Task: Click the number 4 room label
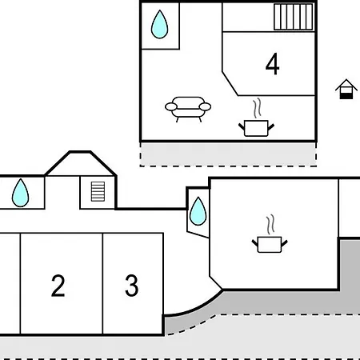click(x=272, y=64)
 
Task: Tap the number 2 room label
click(x=58, y=286)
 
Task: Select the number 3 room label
click(x=132, y=286)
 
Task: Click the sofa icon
click(x=188, y=110)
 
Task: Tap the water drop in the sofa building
click(x=160, y=25)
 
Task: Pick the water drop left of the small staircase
click(x=20, y=193)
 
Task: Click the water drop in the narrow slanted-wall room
click(x=198, y=211)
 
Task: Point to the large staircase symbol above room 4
click(x=294, y=17)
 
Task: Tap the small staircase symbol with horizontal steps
click(x=98, y=191)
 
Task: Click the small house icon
click(x=346, y=89)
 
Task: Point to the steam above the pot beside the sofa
click(x=257, y=108)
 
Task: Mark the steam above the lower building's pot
click(x=270, y=225)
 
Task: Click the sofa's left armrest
click(x=171, y=107)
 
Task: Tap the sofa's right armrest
click(x=205, y=107)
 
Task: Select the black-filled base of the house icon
click(x=346, y=96)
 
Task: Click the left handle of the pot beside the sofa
click(x=242, y=126)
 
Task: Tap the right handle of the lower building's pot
click(x=285, y=243)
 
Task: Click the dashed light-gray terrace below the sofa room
click(x=228, y=154)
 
